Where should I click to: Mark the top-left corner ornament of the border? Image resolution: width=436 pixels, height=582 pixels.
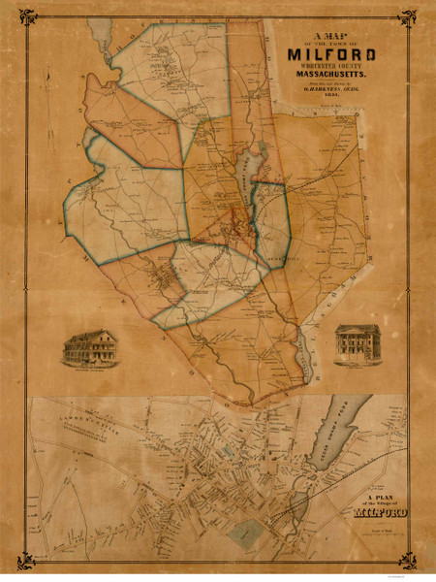29,16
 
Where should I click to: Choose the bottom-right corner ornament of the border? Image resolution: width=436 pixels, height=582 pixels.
408,562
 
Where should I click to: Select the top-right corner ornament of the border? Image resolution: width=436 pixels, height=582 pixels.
408,16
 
